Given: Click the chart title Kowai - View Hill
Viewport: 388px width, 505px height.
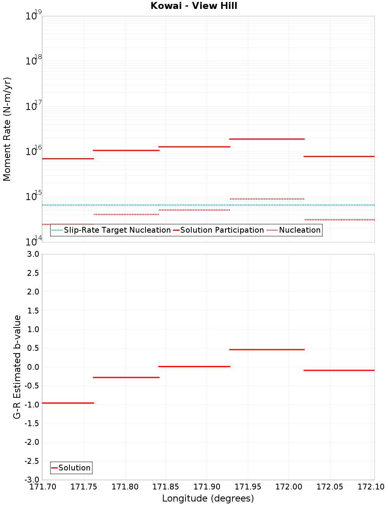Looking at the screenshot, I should point(194,6).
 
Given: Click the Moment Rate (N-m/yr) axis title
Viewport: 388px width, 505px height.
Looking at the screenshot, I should point(7,129).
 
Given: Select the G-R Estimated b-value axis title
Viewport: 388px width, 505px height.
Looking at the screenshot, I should point(17,367).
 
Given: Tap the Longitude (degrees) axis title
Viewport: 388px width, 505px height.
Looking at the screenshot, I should point(208,498).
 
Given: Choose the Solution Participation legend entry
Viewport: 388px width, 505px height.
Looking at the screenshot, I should point(222,230).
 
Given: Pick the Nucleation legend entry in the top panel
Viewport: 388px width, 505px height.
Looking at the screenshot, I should point(300,230).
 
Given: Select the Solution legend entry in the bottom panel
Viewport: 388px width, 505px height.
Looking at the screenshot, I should point(74,468).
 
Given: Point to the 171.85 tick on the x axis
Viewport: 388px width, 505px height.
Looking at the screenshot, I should point(166,487).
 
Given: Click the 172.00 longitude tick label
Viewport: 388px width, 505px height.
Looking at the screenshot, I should point(289,487).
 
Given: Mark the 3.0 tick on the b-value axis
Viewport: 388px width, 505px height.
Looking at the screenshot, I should point(32,254).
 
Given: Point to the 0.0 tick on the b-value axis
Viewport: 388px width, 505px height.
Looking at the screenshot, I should point(32,367).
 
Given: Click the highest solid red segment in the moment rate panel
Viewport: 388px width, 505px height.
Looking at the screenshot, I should point(267,139).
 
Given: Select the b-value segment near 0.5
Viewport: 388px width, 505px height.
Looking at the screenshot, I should point(267,350).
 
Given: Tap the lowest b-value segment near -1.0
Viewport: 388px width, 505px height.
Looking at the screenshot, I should point(68,403).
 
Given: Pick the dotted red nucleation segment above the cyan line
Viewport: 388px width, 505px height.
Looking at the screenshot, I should point(267,199).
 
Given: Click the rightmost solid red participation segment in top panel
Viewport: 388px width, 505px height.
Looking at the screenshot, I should point(339,156).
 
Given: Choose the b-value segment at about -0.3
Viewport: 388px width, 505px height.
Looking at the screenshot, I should point(126,377).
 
